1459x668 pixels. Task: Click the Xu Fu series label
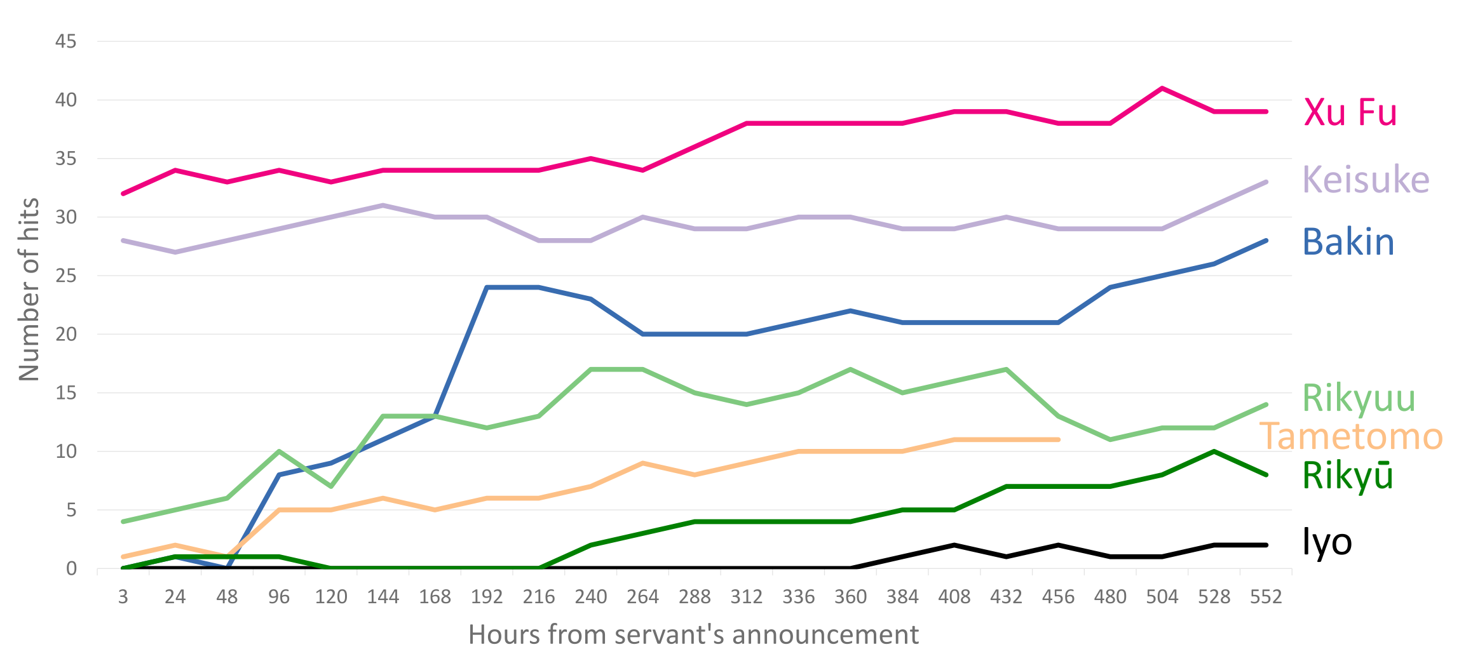click(1350, 112)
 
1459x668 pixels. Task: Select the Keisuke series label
click(1366, 180)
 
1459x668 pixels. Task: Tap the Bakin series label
click(1348, 242)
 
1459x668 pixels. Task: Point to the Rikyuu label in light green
click(1359, 399)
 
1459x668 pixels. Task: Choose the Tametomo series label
click(1351, 437)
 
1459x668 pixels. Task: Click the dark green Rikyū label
click(1347, 476)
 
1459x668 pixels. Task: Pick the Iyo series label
click(1327, 542)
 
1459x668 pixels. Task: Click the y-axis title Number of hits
click(29, 289)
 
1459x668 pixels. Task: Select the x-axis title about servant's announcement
click(693, 634)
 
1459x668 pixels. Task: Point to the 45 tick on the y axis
click(65, 42)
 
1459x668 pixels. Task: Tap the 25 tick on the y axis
click(65, 276)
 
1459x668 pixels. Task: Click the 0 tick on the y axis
click(71, 568)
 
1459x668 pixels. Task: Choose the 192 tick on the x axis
click(487, 597)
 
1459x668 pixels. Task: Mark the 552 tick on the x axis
click(1266, 597)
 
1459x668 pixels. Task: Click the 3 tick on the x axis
click(123, 597)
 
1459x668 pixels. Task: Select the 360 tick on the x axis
click(850, 597)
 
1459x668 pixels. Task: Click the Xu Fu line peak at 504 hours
click(1162, 88)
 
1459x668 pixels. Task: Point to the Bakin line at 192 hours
click(487, 288)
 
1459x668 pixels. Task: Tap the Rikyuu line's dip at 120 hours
click(331, 486)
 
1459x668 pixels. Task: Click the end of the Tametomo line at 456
click(1057, 439)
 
